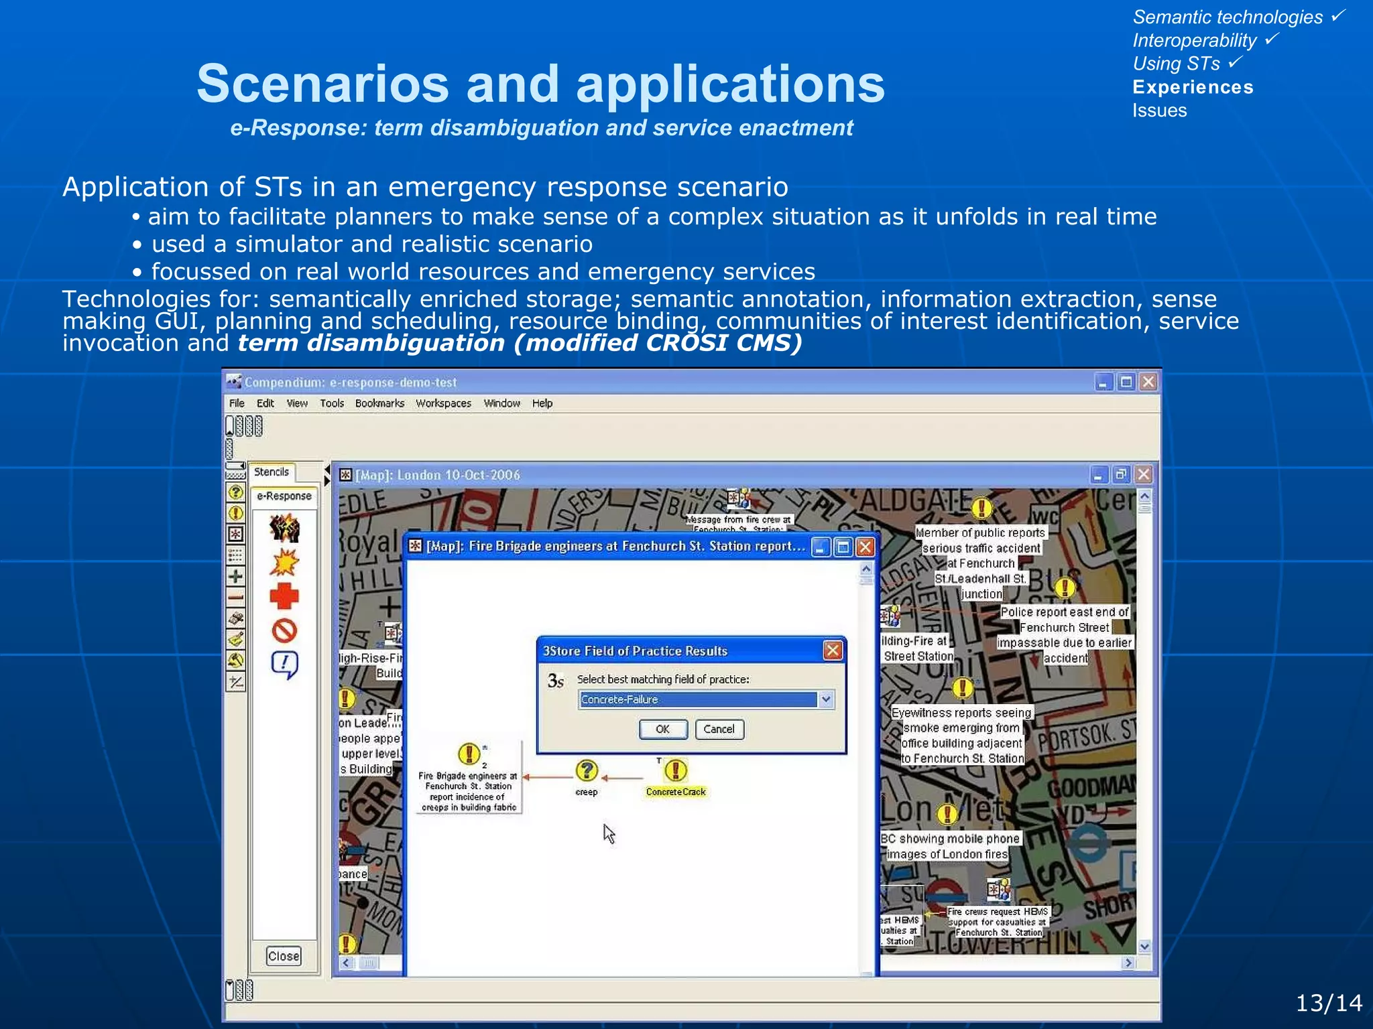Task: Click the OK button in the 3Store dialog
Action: (662, 729)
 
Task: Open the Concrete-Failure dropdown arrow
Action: (826, 699)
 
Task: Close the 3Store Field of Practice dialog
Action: (832, 650)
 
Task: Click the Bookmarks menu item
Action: (379, 403)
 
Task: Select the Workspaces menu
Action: (443, 403)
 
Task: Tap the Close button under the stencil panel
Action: (284, 956)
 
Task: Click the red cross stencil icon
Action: (284, 596)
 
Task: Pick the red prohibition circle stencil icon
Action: (284, 630)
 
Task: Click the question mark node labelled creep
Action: (587, 770)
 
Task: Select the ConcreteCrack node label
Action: (675, 792)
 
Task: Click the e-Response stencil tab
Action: (284, 496)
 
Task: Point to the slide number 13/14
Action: (1328, 1003)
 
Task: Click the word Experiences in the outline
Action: (1193, 87)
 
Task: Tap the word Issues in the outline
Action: (1159, 111)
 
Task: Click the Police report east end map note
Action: (1065, 634)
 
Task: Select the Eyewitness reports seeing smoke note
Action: (962, 736)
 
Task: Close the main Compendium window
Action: (1148, 382)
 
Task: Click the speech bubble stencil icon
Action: (284, 665)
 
